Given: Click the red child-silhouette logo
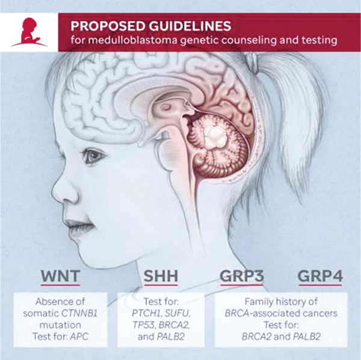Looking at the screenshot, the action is (29, 33).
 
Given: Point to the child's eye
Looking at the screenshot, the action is (94, 156).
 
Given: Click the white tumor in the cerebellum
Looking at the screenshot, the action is (215, 136).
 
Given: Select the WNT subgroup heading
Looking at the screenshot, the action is (60, 276).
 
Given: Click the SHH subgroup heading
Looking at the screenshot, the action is (161, 276).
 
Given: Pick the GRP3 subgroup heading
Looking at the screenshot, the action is (241, 276).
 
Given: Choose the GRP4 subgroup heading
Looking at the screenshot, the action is (320, 276).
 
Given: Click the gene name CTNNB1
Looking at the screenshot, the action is (79, 313).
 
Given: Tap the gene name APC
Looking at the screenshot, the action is (79, 337).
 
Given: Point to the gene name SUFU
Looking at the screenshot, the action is (178, 313).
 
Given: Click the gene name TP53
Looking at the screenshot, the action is (144, 325).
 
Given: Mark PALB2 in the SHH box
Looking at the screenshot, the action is (171, 337).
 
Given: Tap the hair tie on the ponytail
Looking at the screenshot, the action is (253, 60).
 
